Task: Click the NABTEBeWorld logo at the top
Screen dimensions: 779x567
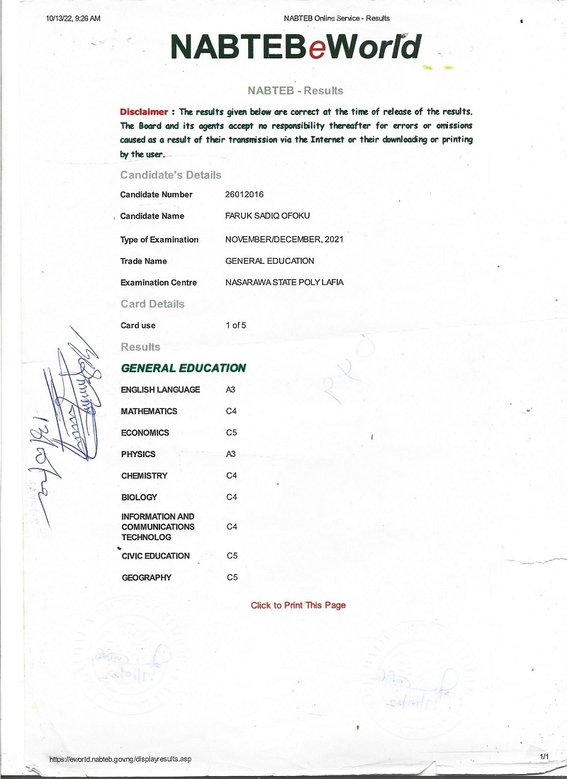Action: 296,47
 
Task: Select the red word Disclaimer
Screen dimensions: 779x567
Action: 144,112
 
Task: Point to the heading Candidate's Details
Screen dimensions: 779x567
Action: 171,175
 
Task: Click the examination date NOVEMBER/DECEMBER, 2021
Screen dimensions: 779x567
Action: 284,240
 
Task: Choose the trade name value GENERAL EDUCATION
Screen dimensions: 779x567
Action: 269,261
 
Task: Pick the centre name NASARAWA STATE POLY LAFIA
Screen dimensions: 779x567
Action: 284,282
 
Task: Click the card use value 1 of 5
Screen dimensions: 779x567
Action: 235,325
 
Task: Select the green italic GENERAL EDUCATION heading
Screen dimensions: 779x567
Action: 184,368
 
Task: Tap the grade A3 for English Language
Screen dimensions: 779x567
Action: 230,389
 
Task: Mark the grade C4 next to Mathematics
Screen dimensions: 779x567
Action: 231,411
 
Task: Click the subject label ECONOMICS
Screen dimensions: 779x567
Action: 145,432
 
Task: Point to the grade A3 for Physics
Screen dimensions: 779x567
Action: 230,454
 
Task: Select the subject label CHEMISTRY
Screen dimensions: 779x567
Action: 145,476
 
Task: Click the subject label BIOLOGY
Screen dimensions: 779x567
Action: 139,497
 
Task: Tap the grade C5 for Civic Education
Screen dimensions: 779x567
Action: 232,556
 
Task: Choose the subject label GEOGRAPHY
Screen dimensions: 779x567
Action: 147,578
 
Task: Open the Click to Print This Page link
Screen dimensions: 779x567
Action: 298,605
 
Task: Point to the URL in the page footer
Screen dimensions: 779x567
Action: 120,759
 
